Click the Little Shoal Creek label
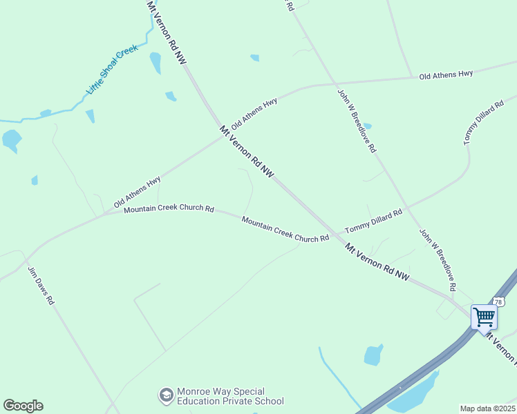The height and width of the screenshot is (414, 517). (x=113, y=70)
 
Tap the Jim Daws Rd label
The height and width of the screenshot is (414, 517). (x=41, y=286)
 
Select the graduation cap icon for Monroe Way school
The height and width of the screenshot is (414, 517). (x=166, y=395)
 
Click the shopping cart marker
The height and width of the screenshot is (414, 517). (x=485, y=317)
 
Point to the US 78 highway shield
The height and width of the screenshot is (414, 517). (x=500, y=302)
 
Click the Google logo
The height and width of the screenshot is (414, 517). (x=23, y=406)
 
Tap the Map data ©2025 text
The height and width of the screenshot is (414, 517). (x=487, y=408)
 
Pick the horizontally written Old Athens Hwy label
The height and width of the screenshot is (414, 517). (x=446, y=74)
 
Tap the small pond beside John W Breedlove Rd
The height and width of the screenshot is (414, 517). (x=367, y=126)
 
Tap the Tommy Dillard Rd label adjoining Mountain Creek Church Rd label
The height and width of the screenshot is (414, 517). (x=373, y=221)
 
